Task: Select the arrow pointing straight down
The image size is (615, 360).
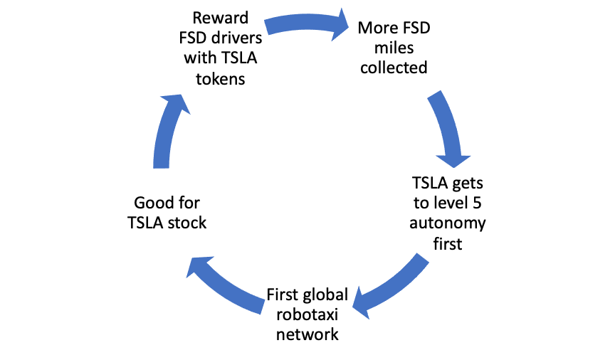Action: pos(447,128)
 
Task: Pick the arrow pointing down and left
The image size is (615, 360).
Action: pos(391,285)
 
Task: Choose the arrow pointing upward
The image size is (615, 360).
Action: pos(167,132)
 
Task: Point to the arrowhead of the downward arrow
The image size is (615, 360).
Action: pos(453,159)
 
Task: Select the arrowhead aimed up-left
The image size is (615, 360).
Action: pos(197,266)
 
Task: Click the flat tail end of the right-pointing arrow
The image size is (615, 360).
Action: pos(268,27)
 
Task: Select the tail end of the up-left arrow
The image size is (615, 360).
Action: pos(261,307)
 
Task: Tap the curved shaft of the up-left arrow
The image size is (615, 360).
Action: pos(231,290)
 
